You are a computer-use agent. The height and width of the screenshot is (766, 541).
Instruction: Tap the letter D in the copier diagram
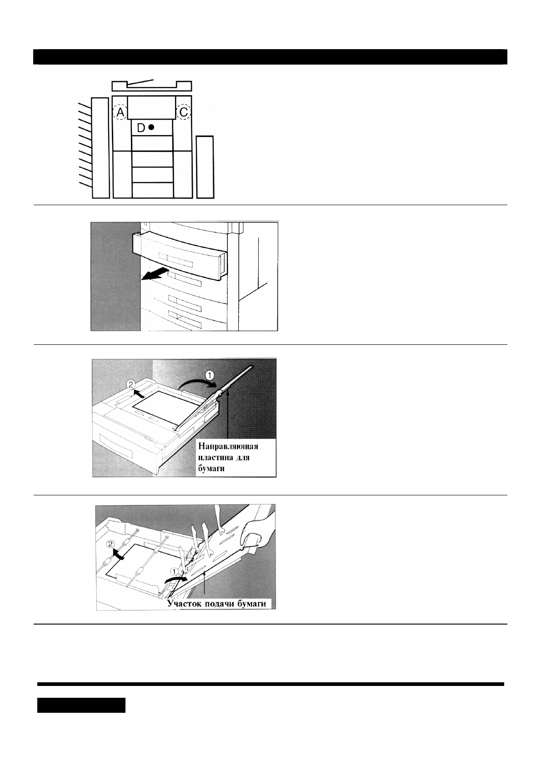141,128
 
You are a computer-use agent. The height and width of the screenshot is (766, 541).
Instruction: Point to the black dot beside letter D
151,128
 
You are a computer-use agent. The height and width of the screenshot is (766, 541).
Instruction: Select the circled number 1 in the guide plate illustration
210,376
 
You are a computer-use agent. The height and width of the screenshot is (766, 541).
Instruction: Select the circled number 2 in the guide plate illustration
131,384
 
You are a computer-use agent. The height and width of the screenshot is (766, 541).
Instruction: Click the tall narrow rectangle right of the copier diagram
205,166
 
